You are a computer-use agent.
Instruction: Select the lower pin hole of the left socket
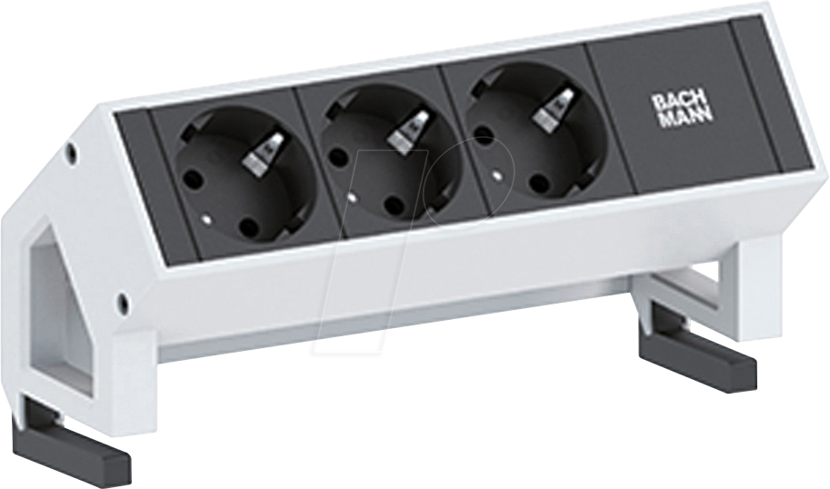tap(246, 229)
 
